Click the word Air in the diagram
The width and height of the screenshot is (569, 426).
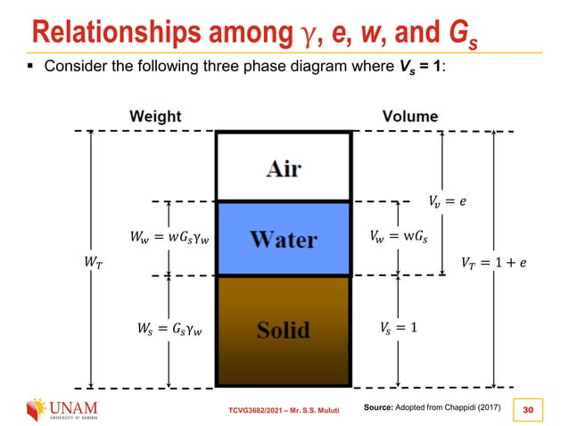[283, 168]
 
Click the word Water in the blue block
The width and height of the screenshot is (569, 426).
[283, 239]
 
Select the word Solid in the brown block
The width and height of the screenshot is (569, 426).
[283, 330]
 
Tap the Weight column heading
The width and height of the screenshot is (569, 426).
[155, 116]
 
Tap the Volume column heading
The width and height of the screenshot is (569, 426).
[410, 116]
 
